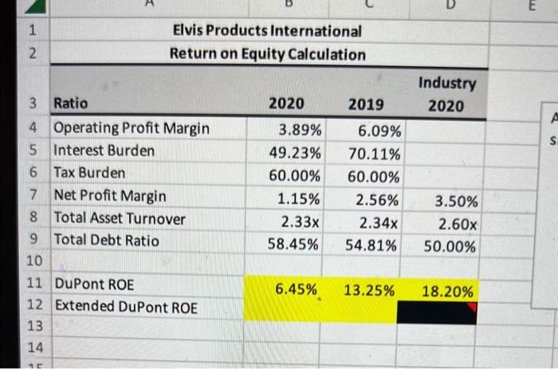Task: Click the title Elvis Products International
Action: [x=268, y=31]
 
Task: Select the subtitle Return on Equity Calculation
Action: [x=268, y=54]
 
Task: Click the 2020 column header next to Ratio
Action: [x=285, y=104]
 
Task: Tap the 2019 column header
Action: [x=366, y=104]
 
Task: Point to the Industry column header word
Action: [x=446, y=83]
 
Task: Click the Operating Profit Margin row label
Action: [x=132, y=128]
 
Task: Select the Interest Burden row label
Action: [x=104, y=151]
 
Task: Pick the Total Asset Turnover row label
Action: [x=119, y=218]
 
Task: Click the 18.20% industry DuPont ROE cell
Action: [x=447, y=292]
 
